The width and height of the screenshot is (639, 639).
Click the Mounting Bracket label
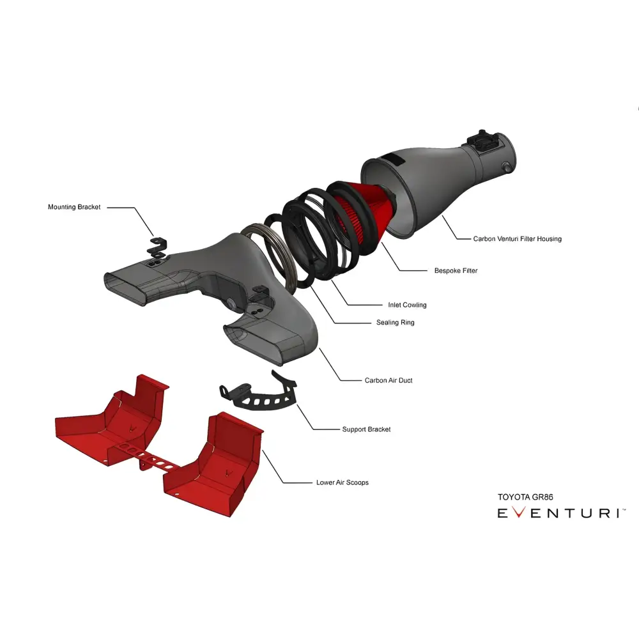point(74,207)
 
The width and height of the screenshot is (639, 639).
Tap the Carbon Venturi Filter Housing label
point(517,239)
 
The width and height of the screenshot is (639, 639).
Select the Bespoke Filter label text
point(456,270)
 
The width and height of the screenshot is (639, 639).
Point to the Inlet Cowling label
point(407,305)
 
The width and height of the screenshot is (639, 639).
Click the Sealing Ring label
point(396,322)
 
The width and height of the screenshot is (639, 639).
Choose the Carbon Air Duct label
point(389,380)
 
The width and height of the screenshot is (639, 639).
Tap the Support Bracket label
point(366,429)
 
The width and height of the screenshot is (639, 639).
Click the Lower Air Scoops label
point(343,482)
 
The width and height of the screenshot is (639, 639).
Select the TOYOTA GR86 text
point(525,497)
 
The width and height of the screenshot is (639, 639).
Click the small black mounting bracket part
point(157,249)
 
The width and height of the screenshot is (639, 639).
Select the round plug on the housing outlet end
point(507,166)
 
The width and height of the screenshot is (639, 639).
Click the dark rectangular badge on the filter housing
point(393,159)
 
